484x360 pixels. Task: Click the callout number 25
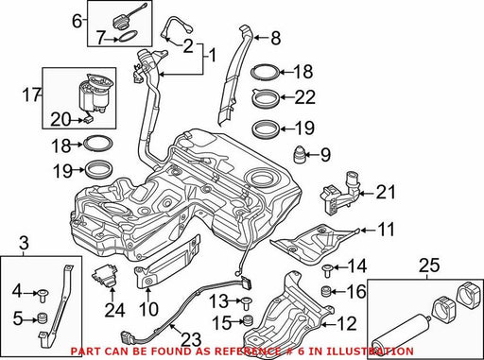pyautogui.click(x=429, y=266)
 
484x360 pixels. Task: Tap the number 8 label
pyautogui.click(x=276, y=39)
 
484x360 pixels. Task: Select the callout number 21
pyautogui.click(x=385, y=192)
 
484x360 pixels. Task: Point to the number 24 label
pyautogui.click(x=114, y=310)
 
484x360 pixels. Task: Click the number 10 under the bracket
pyautogui.click(x=148, y=309)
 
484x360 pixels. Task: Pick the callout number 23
pyautogui.click(x=192, y=340)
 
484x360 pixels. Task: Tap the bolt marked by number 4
pyautogui.click(x=43, y=296)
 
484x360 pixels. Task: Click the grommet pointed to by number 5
pyautogui.click(x=43, y=317)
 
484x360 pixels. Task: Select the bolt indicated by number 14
pyautogui.click(x=327, y=270)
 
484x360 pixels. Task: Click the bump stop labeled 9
pyautogui.click(x=301, y=154)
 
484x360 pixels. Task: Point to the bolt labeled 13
pyautogui.click(x=245, y=303)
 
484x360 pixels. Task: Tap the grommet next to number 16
pyautogui.click(x=326, y=291)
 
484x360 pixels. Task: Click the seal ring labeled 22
pyautogui.click(x=266, y=97)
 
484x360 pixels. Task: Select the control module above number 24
pyautogui.click(x=106, y=276)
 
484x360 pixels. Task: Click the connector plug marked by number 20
pyautogui.click(x=87, y=120)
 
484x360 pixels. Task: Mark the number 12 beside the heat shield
pyautogui.click(x=347, y=323)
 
